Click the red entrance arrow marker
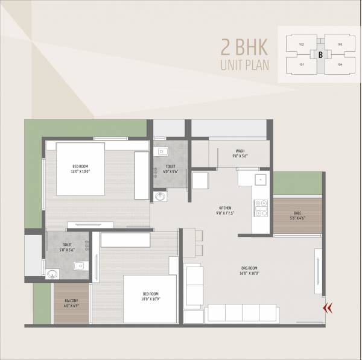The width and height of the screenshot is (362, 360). (329, 308)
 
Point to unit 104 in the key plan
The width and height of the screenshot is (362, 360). (340, 65)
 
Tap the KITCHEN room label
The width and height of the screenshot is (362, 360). (224, 209)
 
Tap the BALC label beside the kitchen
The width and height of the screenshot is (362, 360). (297, 215)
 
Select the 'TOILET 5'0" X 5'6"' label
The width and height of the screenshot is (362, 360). (66, 247)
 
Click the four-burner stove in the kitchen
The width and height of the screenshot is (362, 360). (261, 208)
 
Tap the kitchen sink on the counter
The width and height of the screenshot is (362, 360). (259, 178)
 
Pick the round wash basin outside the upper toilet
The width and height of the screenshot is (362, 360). (161, 197)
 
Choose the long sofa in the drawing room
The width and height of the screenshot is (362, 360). (243, 312)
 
